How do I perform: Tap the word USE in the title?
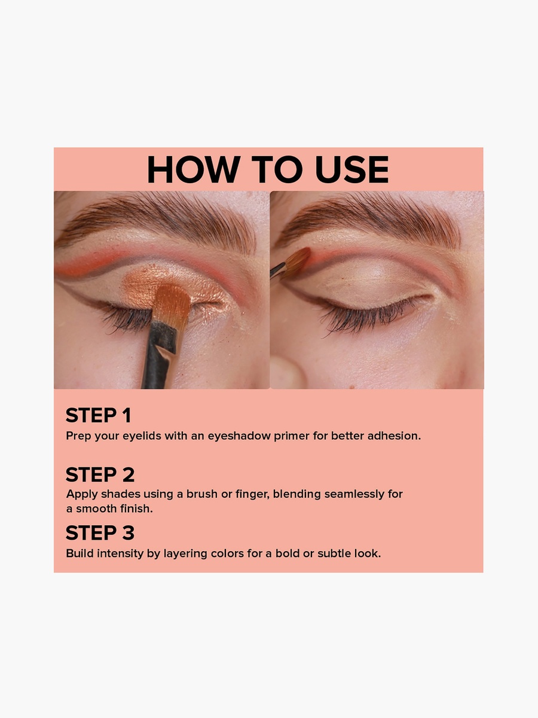(x=352, y=169)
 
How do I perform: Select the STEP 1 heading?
(x=98, y=415)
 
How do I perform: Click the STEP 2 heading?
(x=100, y=474)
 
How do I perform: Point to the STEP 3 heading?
(x=100, y=533)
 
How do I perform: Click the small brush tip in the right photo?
(x=298, y=262)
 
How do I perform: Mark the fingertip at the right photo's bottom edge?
(x=288, y=373)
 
